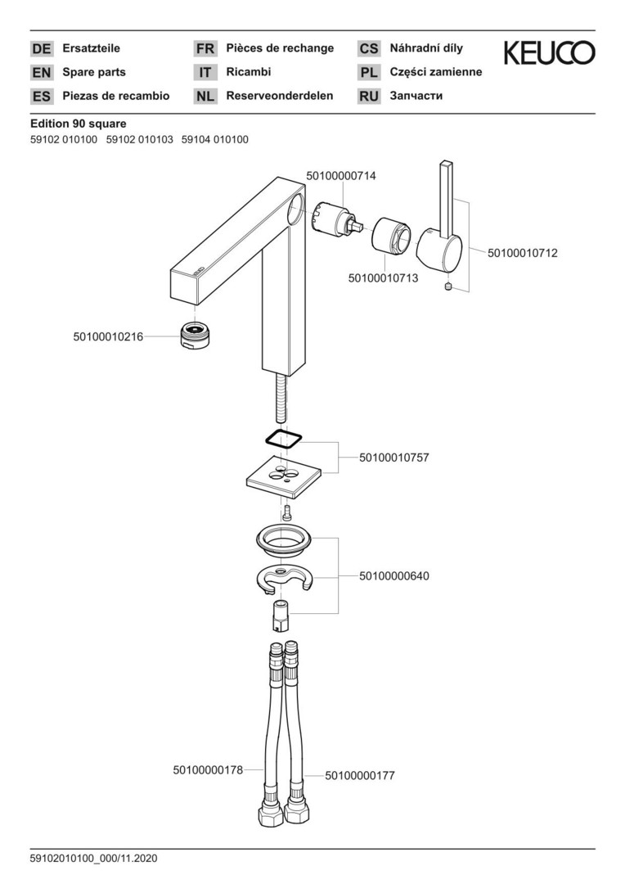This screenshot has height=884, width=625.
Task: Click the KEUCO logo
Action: tap(548, 55)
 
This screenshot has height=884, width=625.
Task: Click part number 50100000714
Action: tap(341, 176)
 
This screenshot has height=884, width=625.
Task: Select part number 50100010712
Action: tap(522, 254)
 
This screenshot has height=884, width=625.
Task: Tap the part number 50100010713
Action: tap(383, 278)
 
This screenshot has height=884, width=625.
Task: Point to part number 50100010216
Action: tap(108, 336)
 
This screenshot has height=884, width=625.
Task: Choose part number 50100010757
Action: tap(393, 458)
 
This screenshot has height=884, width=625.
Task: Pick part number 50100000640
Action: tap(393, 576)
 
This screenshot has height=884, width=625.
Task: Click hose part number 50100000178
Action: tap(208, 769)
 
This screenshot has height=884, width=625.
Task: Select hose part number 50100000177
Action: tap(360, 775)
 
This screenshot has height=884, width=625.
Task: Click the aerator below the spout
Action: tap(194, 336)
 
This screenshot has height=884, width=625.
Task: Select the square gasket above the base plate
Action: tap(283, 439)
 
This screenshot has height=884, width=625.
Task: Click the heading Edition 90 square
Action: tap(72, 124)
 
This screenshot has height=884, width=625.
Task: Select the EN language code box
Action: tap(41, 72)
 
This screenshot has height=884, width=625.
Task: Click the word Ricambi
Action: tap(249, 72)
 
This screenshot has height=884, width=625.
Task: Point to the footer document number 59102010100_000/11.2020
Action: tap(93, 859)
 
